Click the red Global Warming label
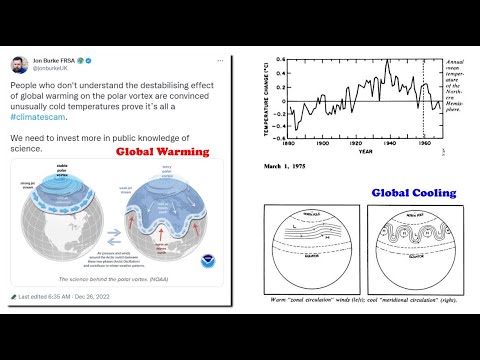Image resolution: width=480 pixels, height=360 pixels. (x=163, y=152)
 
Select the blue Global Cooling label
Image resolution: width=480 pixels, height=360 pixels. (x=413, y=192)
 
